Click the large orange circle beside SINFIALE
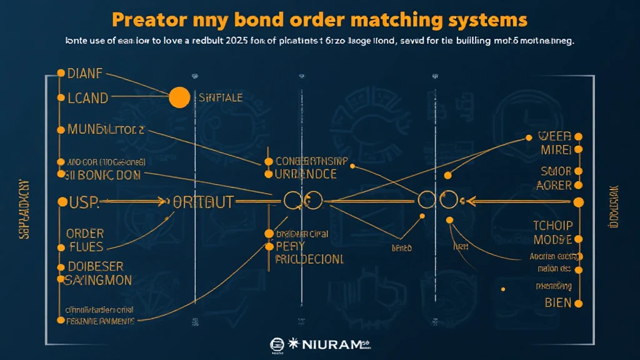pos(179,97)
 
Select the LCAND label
pos(87,98)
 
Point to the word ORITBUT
pos(202,202)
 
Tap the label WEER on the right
pos(554,136)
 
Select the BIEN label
pos(558,304)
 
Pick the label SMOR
pos(556,171)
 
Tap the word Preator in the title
pos(149,19)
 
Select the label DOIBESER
pos(95,267)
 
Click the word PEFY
pos(290,246)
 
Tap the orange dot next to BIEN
pos(578,304)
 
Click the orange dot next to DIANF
pos(61,73)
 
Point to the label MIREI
pos(556,151)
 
